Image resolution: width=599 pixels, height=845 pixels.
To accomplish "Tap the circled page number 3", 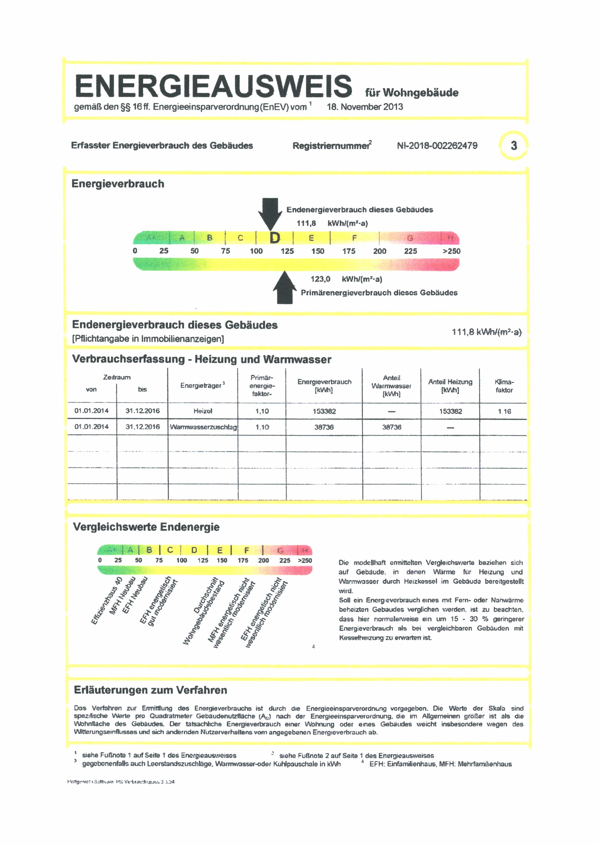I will (x=514, y=146).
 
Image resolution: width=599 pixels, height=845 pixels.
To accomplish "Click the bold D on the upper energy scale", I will (x=275, y=238).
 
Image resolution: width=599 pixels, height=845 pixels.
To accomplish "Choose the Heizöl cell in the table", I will (x=203, y=411).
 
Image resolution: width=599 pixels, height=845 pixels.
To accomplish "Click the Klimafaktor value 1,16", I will (x=504, y=411).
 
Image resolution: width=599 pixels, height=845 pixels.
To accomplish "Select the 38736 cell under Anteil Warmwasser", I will (x=391, y=427).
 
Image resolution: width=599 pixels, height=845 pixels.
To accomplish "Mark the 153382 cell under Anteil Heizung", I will (x=450, y=411).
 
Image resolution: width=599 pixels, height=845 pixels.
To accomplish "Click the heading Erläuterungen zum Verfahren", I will (x=151, y=690).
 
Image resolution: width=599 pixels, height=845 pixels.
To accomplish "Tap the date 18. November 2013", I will (x=364, y=107).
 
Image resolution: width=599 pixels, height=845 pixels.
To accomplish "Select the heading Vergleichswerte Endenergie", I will (x=146, y=527).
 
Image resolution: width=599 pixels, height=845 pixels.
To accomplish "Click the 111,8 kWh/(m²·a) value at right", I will (x=486, y=332).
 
